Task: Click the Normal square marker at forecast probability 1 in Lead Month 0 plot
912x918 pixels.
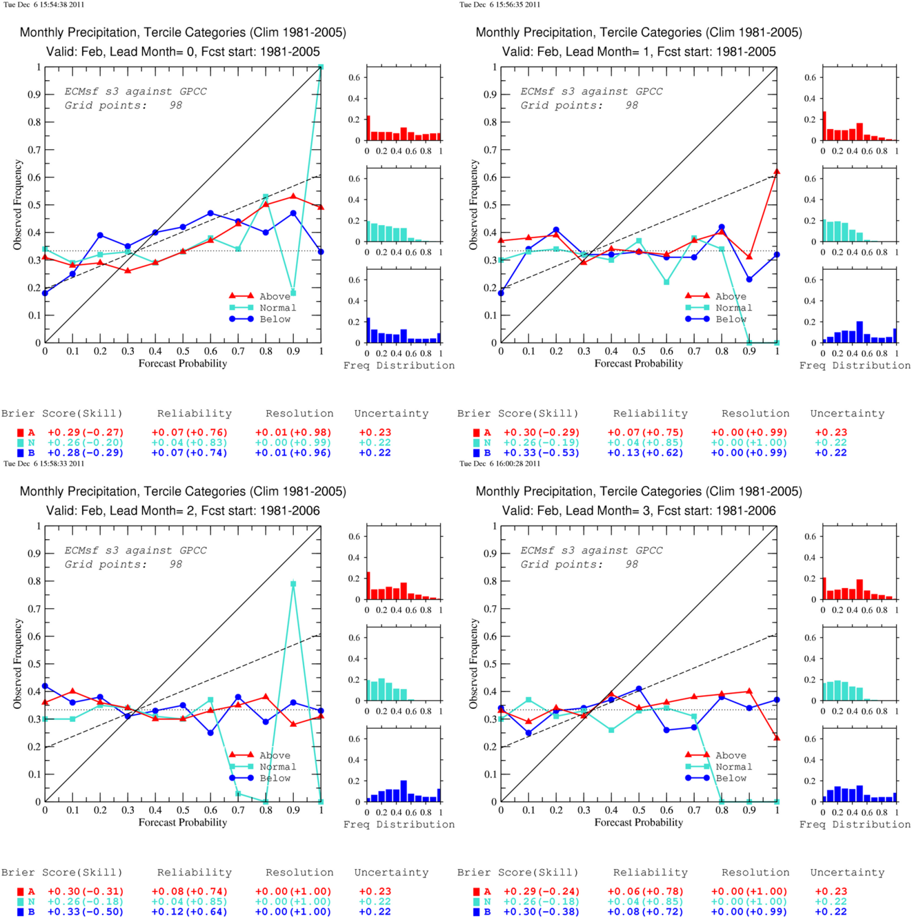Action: [x=321, y=67]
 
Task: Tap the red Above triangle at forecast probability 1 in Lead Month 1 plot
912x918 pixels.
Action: [x=776, y=171]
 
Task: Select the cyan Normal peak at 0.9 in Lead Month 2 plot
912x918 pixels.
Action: [x=293, y=583]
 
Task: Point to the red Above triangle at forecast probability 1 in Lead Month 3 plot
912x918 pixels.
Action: [x=776, y=737]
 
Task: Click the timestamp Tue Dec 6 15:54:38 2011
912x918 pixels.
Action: [x=44, y=5]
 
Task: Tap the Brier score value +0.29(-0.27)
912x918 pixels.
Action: [x=86, y=433]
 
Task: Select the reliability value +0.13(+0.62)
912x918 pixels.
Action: [x=645, y=453]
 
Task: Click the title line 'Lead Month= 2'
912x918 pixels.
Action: [x=183, y=511]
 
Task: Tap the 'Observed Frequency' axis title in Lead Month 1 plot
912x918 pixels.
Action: [x=473, y=205]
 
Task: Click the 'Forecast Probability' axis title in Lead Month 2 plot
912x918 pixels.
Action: [x=183, y=823]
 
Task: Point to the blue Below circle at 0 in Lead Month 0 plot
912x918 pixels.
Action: [x=46, y=293]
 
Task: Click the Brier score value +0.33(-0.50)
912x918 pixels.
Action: [x=86, y=912]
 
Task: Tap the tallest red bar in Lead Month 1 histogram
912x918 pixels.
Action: [x=824, y=126]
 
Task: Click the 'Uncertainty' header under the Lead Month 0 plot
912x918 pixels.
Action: [x=391, y=413]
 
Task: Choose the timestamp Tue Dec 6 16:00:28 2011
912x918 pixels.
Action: [x=499, y=464]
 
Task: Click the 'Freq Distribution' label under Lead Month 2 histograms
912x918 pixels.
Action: [x=399, y=825]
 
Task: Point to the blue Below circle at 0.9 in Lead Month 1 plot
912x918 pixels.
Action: [x=749, y=280]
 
